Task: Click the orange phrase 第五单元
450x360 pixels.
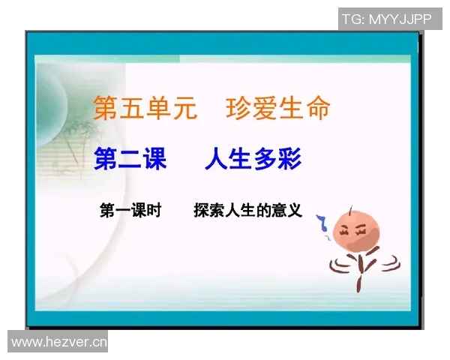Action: pyautogui.click(x=145, y=109)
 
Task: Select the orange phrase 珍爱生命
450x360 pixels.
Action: pyautogui.click(x=277, y=109)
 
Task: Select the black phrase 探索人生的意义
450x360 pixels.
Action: pyautogui.click(x=247, y=211)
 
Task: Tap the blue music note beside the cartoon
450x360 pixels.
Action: pyautogui.click(x=322, y=223)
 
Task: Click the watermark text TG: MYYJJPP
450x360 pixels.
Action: pyautogui.click(x=387, y=19)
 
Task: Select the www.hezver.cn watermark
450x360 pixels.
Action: pyautogui.click(x=58, y=342)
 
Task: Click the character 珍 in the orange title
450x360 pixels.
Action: pyautogui.click(x=238, y=109)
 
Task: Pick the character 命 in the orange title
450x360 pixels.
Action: pyautogui.click(x=316, y=109)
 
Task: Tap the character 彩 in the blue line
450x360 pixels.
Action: pyautogui.click(x=292, y=159)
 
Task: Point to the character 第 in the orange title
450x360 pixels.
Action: pyautogui.click(x=106, y=109)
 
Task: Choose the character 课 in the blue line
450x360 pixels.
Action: pyautogui.click(x=154, y=159)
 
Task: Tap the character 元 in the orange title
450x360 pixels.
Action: pyautogui.click(x=184, y=109)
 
